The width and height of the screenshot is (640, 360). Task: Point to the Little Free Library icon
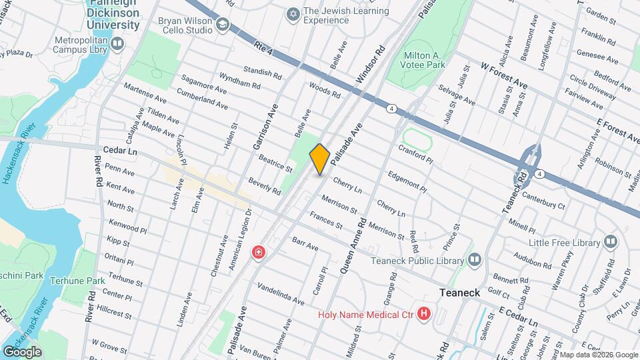tap(611, 241)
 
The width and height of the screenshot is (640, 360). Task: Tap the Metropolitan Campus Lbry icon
tap(117, 44)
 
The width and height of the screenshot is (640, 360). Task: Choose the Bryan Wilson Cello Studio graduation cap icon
tap(222, 26)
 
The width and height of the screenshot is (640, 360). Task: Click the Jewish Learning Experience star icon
tap(292, 14)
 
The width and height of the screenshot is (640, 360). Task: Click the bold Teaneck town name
tap(461, 293)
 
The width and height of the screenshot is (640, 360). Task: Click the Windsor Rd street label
tap(371, 65)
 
